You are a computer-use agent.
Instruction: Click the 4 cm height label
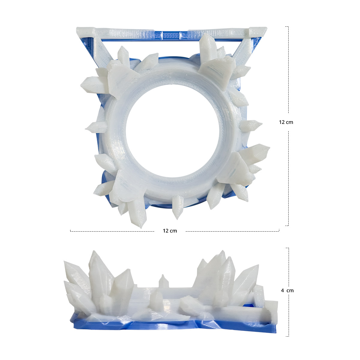coord(287,290)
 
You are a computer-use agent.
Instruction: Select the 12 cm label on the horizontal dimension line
coord(170,231)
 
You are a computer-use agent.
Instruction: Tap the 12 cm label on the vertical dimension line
coord(286,122)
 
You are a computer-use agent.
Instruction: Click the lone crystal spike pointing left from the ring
coord(95,127)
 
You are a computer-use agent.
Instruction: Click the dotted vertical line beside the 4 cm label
coord(289,315)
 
